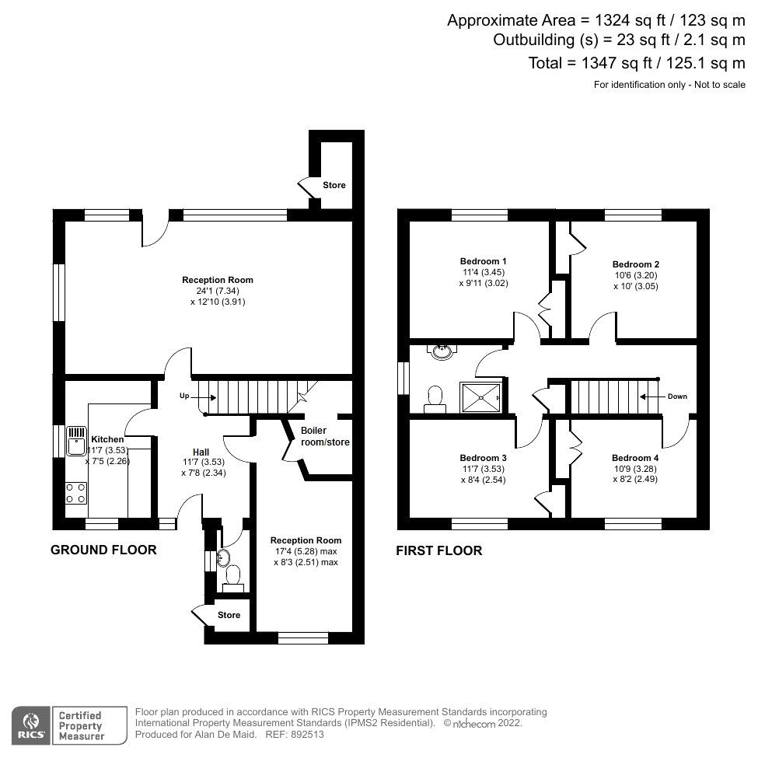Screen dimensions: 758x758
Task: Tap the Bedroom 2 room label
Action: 635,264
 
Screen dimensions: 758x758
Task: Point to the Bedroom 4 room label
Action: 635,458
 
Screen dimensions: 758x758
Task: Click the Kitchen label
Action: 107,439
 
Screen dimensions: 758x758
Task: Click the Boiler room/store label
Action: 325,436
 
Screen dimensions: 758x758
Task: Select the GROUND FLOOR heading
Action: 103,550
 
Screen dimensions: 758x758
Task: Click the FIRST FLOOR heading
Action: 438,550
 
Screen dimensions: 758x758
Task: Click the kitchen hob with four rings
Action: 76,492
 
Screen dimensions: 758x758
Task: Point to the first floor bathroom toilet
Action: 435,397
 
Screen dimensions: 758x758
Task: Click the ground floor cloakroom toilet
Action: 232,576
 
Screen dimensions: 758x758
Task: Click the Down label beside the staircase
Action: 676,396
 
